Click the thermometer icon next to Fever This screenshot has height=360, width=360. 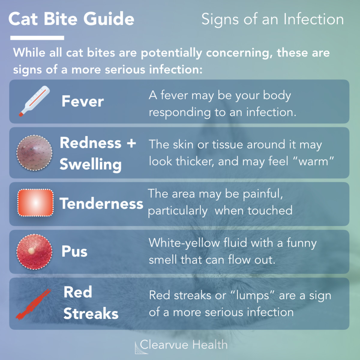coord(34,101)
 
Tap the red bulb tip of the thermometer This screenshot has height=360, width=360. coord(21,114)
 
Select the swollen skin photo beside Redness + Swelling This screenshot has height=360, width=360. coord(34,153)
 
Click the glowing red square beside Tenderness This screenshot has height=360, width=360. coord(35,203)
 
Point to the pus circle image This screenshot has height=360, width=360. coord(34,251)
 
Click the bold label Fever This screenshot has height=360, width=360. coord(82,101)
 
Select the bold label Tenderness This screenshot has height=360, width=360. coord(101,204)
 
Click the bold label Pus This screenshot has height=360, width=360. coord(74,251)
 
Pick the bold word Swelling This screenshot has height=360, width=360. coord(91,164)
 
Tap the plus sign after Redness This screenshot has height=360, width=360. coord(131,143)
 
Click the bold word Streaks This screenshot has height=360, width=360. coord(91,313)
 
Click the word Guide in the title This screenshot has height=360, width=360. coord(109,19)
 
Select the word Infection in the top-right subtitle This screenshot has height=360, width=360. coord(313,19)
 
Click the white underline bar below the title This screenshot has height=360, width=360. coord(37,38)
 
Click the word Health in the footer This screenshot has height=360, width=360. coord(210,345)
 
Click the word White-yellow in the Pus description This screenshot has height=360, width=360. coord(184,243)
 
